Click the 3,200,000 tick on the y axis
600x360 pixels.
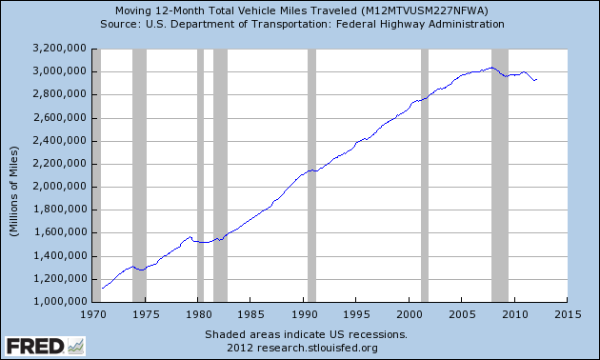(61, 49)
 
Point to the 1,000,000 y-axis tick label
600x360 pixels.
(61, 302)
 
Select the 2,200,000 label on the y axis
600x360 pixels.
(61, 164)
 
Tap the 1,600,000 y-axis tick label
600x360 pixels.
(61, 232)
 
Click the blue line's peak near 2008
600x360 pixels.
(490, 68)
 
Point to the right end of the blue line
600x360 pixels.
(536, 80)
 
